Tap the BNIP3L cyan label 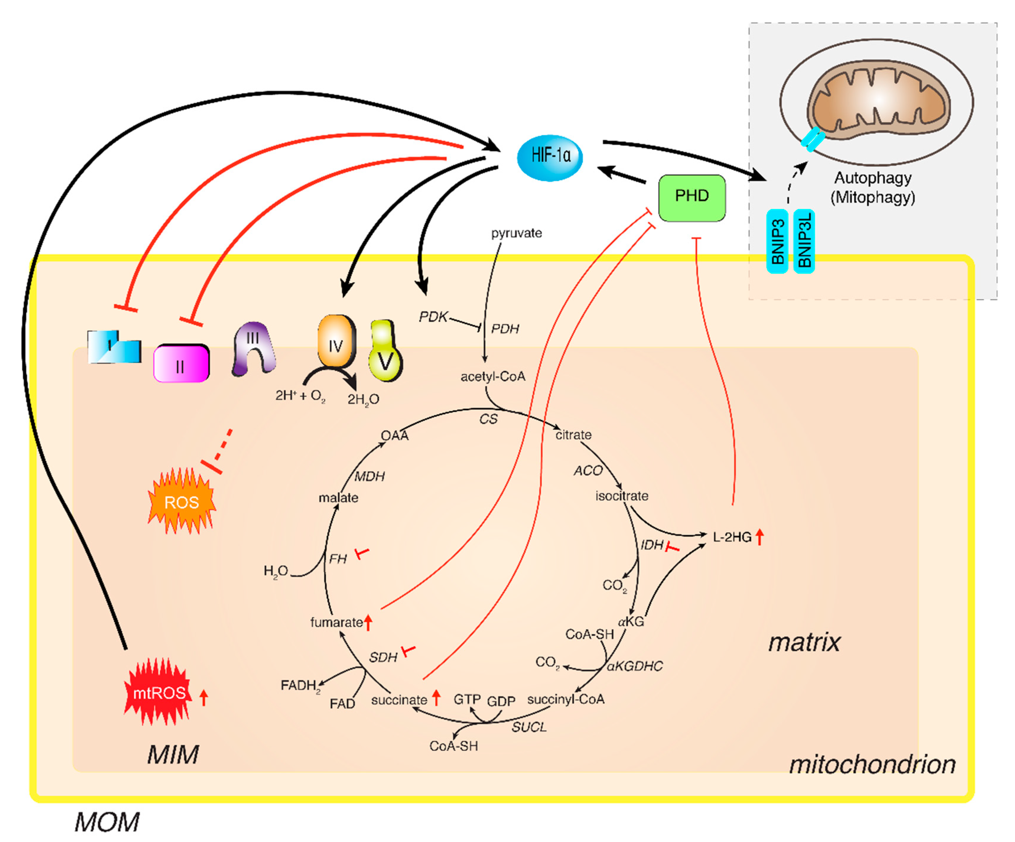point(804,241)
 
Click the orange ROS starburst point(182,501)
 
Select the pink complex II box point(181,363)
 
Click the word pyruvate point(516,233)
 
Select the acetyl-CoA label point(492,376)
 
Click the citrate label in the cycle point(573,435)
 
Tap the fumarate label point(336,622)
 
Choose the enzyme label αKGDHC point(635,666)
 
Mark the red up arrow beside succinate point(436,698)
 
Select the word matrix point(804,642)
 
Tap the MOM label point(107,822)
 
